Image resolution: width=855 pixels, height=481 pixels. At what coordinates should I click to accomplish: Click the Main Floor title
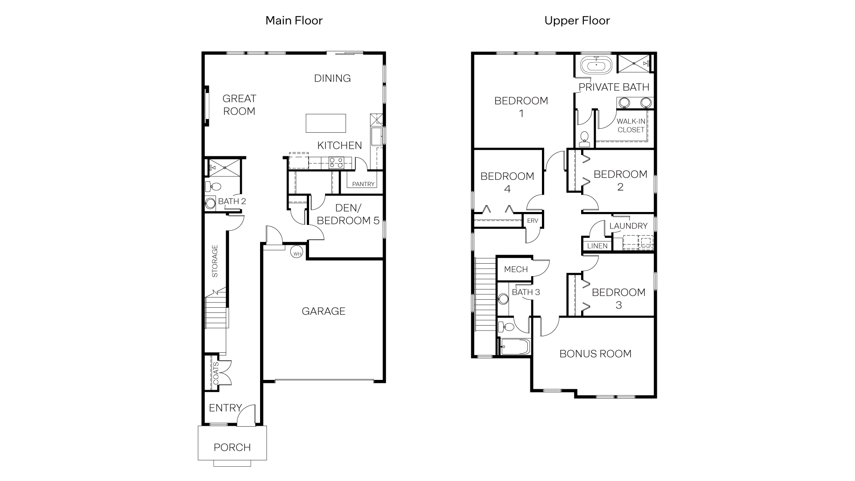[293, 20]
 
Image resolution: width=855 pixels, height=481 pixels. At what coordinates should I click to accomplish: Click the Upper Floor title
[577, 20]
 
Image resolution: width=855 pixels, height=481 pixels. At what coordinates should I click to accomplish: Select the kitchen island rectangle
[326, 123]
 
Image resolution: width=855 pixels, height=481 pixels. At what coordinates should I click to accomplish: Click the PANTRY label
[363, 184]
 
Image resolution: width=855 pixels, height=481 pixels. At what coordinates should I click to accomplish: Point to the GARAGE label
[323, 311]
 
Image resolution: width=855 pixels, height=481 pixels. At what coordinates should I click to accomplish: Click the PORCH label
[232, 447]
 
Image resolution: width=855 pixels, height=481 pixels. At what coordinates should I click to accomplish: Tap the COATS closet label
[216, 373]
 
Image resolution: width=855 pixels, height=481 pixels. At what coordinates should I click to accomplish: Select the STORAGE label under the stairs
[215, 261]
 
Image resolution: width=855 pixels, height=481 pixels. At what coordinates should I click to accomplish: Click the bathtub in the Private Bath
[596, 66]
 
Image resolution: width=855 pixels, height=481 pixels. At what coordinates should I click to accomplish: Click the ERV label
[533, 221]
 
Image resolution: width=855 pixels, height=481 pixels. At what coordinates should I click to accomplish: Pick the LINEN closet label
[597, 246]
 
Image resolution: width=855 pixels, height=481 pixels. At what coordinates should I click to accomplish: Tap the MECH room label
[516, 269]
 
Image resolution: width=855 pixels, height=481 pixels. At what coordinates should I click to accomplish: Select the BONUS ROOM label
[595, 354]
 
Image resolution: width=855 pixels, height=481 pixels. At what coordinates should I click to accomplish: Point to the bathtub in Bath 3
[515, 346]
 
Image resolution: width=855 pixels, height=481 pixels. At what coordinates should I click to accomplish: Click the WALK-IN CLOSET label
[631, 126]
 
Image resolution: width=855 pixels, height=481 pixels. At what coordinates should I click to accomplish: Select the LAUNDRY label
[628, 226]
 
